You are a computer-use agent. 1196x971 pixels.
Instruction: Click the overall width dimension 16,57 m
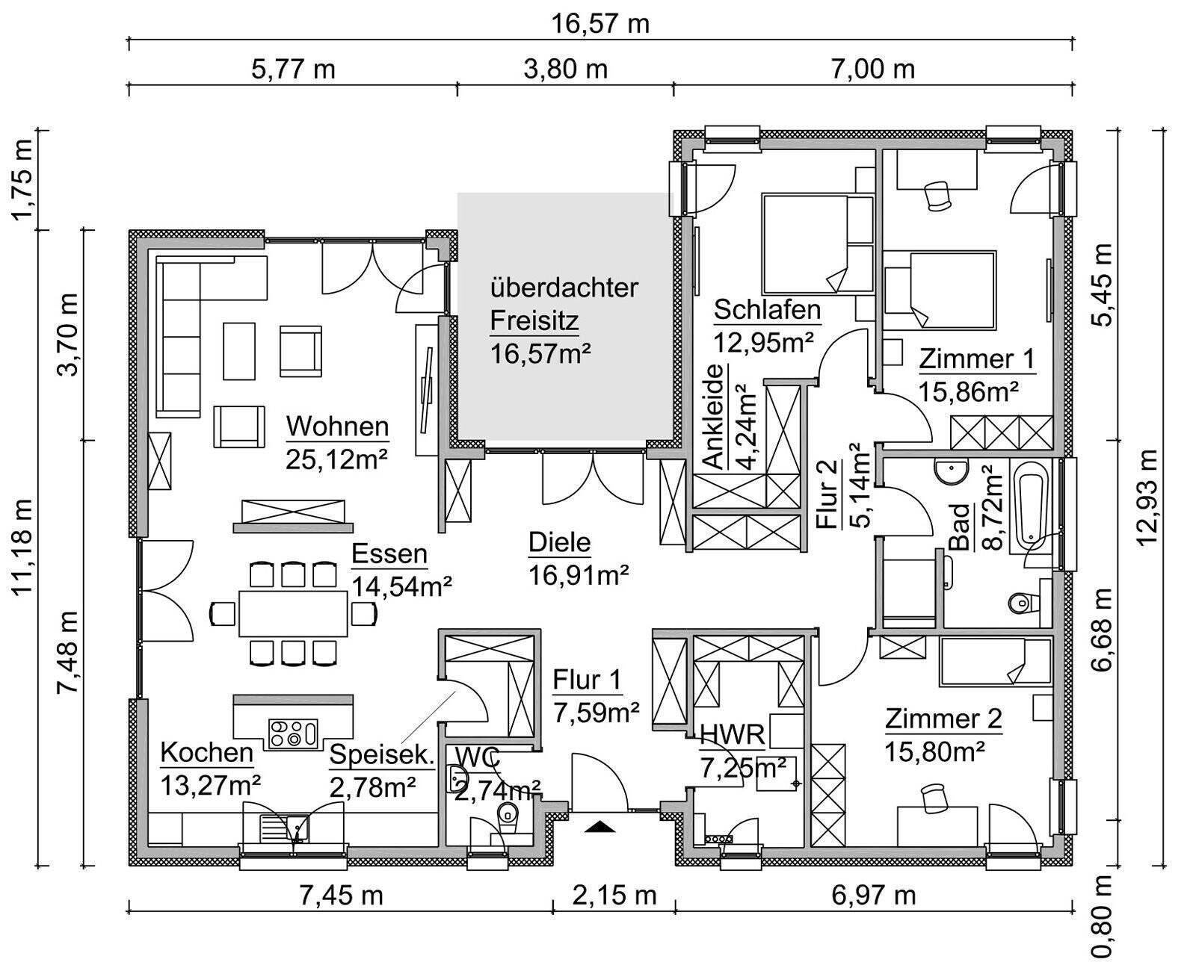point(600,24)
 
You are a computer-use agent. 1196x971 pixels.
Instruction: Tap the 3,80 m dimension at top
point(566,69)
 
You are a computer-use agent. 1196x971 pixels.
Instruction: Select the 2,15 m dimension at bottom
point(615,894)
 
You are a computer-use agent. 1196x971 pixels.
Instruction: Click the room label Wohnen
point(338,427)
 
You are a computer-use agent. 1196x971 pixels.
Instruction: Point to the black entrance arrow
point(599,826)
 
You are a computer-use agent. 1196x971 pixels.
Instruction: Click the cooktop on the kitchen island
point(293,732)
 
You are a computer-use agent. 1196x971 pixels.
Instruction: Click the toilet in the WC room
point(508,816)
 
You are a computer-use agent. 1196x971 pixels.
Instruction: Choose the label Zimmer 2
point(943,719)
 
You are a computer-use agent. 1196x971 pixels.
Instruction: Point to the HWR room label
point(732,735)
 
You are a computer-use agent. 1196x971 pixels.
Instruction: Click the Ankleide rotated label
point(715,417)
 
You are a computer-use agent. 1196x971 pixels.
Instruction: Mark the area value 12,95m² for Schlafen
point(763,342)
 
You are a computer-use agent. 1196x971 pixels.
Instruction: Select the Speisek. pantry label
point(381,755)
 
